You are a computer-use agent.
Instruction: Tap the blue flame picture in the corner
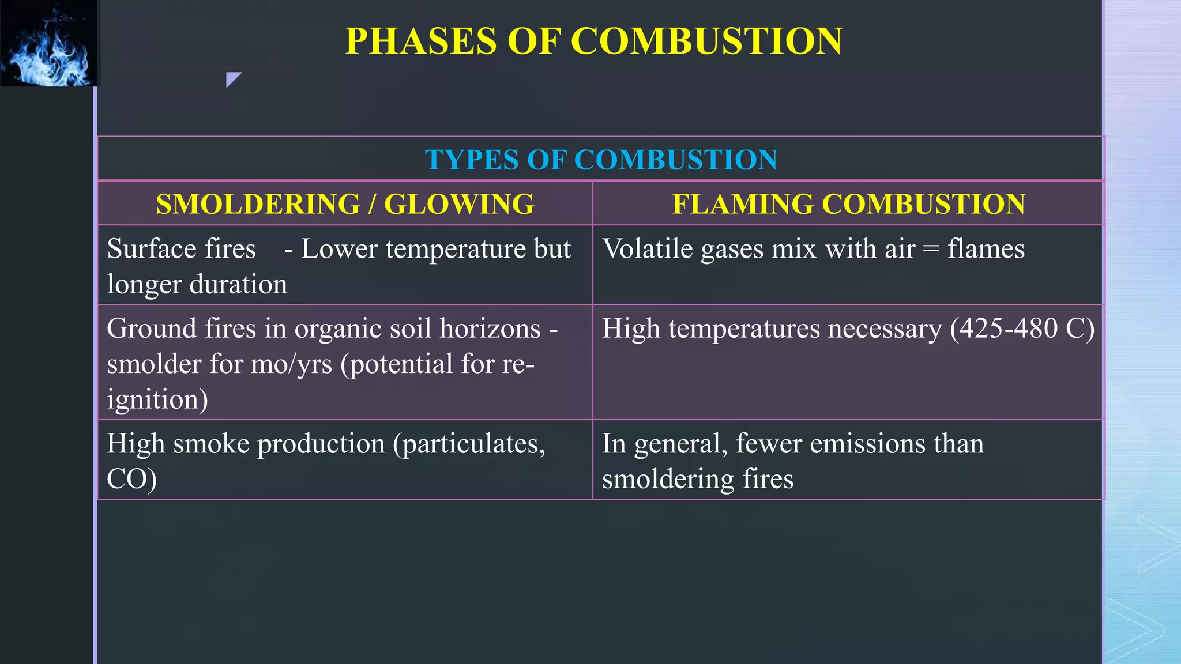[x=49, y=43]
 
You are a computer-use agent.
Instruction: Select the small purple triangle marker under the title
[x=232, y=79]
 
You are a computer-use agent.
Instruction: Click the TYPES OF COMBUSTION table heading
[x=601, y=160]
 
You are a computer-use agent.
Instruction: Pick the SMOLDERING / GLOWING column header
[x=345, y=204]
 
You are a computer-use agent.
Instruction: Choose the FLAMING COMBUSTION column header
[x=848, y=204]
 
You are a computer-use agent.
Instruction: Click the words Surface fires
[x=181, y=249]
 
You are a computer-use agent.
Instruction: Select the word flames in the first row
[x=986, y=249]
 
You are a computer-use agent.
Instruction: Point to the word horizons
[x=490, y=329]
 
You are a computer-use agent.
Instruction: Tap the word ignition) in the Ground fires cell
[x=157, y=399]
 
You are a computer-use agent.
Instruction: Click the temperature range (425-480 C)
[x=1022, y=329]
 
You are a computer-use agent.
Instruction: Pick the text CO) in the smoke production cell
[x=131, y=479]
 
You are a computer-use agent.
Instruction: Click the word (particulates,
[x=469, y=444]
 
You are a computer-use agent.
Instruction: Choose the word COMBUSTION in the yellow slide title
[x=706, y=41]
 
